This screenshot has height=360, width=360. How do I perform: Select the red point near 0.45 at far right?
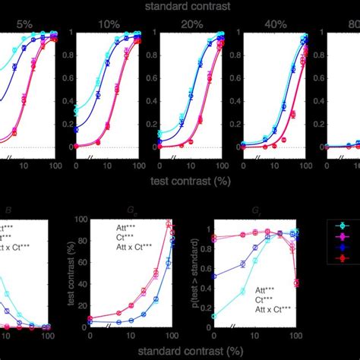[x=295, y=283]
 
